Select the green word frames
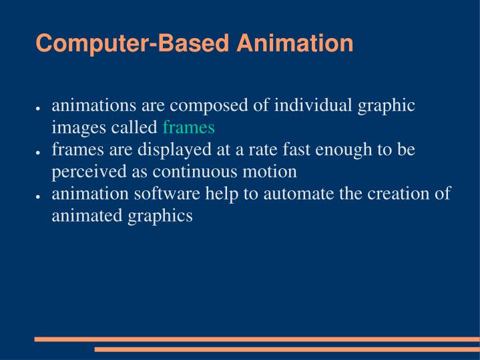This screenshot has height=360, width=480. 188,127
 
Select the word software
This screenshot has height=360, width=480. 148,194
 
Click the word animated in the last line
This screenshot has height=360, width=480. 82,216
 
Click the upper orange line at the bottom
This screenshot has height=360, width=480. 257,339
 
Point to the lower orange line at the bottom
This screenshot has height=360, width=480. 287,349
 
